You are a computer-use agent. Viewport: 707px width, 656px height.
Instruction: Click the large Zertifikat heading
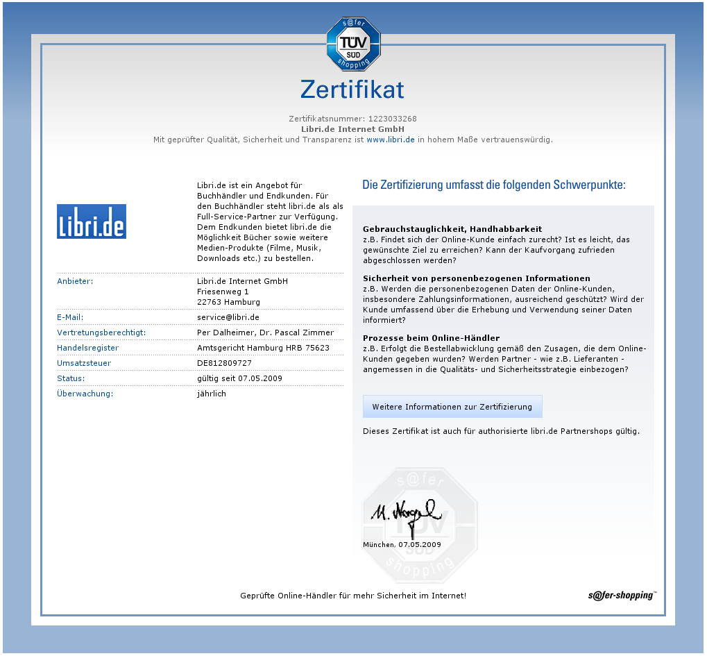pyautogui.click(x=352, y=90)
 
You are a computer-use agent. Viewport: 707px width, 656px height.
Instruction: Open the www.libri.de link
pyautogui.click(x=391, y=140)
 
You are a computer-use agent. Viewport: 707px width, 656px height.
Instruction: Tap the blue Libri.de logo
pyautogui.click(x=92, y=221)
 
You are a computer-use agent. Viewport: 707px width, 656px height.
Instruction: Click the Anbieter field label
pyautogui.click(x=75, y=281)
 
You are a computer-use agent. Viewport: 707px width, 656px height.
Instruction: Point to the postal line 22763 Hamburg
pyautogui.click(x=228, y=302)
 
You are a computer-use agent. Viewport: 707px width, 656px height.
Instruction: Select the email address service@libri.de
pyautogui.click(x=228, y=317)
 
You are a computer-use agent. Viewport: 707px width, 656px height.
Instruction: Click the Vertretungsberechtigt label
pyautogui.click(x=102, y=333)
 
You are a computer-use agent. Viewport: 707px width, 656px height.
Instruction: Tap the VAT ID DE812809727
pyautogui.click(x=224, y=363)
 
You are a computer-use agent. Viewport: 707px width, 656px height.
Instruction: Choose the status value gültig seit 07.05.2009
pyautogui.click(x=239, y=378)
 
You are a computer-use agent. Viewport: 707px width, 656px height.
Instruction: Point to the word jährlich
pyautogui.click(x=212, y=394)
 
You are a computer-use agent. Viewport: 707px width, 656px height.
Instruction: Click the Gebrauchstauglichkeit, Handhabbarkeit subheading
pyautogui.click(x=452, y=228)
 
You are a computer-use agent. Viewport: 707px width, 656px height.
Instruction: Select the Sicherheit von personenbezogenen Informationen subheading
pyautogui.click(x=477, y=278)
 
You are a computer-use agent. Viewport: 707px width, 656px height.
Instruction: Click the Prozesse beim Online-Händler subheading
pyautogui.click(x=431, y=338)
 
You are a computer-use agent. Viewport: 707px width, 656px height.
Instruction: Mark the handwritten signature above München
pyautogui.click(x=406, y=514)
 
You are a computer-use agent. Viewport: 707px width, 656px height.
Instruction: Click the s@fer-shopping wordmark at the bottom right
pyautogui.click(x=621, y=595)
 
